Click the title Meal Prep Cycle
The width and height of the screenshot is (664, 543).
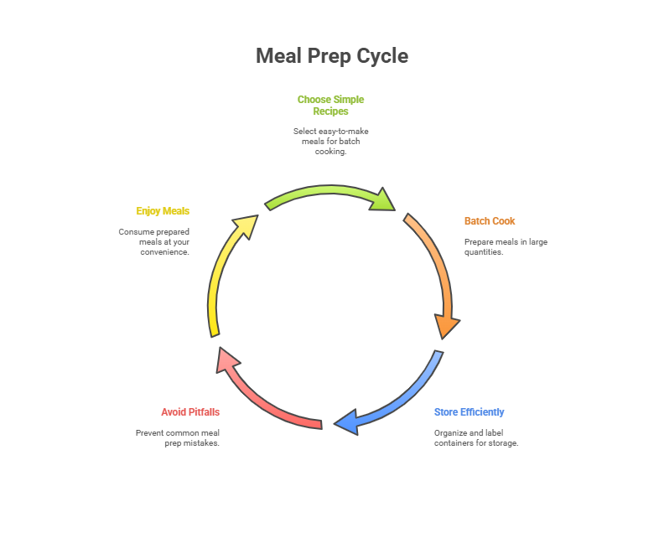tap(331, 56)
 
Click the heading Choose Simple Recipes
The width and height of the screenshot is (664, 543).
tap(330, 105)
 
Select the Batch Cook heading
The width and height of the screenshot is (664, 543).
tap(490, 221)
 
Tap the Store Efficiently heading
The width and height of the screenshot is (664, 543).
tap(469, 412)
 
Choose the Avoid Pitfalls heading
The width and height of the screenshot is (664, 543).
tap(190, 412)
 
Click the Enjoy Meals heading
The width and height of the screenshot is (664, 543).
tap(163, 211)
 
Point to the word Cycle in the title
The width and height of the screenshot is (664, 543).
tap(381, 56)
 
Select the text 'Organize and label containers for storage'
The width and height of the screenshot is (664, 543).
tap(475, 438)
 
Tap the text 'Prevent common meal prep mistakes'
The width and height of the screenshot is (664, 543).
tap(178, 438)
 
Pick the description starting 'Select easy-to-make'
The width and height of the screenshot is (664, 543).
tap(330, 141)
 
